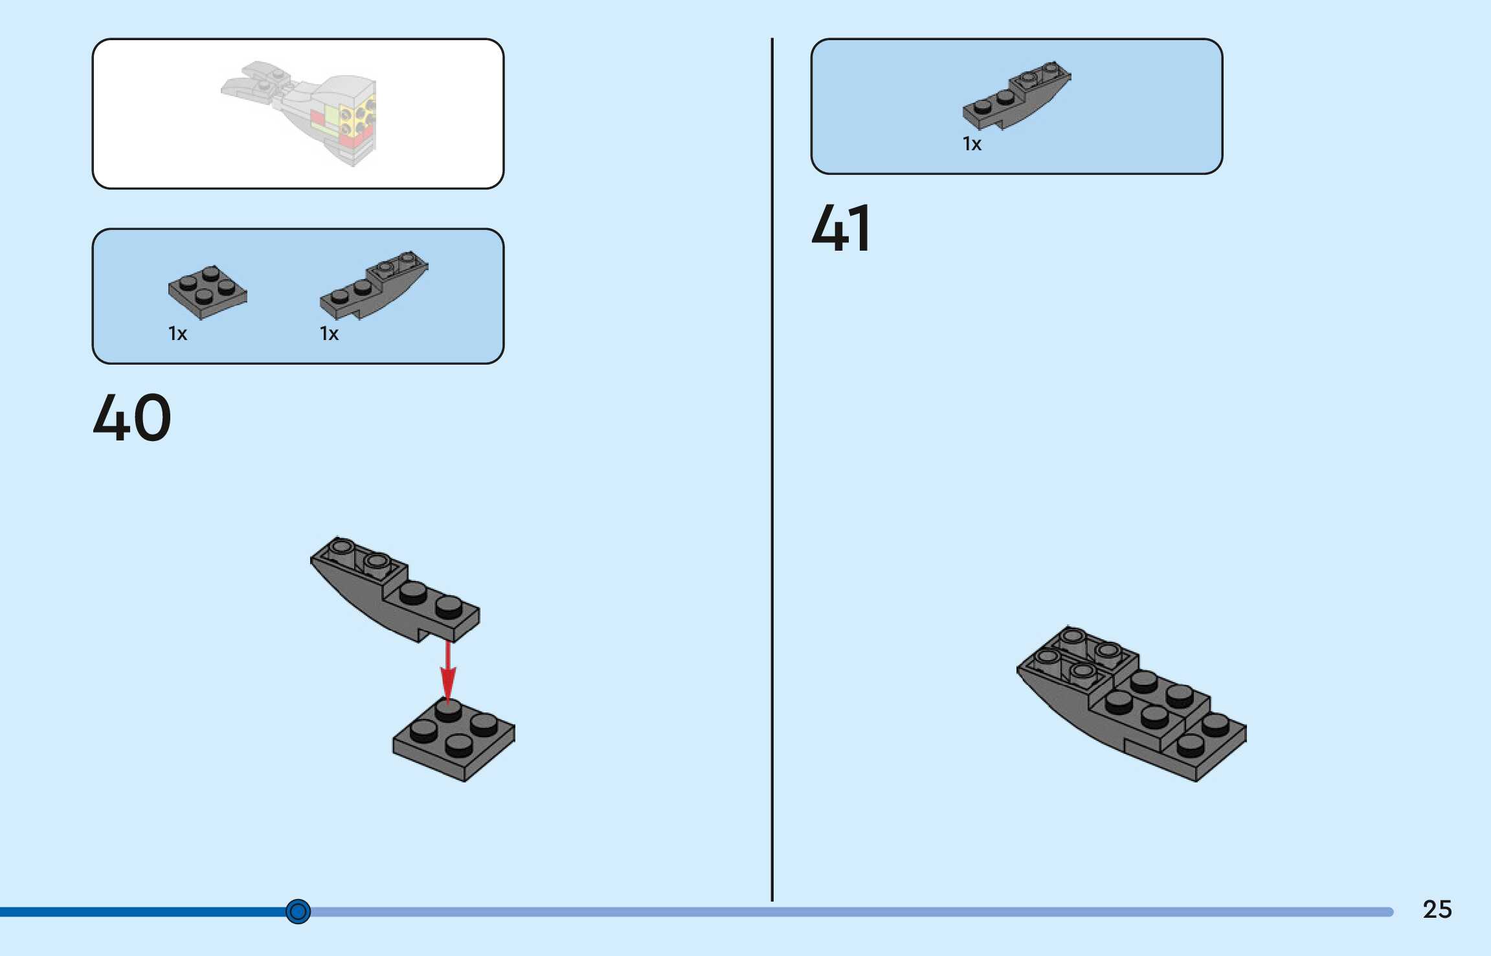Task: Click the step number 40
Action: coord(132,418)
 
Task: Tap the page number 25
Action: coord(1437,909)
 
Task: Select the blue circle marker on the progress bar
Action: coord(298,911)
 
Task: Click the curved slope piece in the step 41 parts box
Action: coord(1016,95)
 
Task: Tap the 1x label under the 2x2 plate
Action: coord(177,334)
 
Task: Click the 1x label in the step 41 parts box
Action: coord(972,144)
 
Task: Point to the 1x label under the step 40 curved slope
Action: coord(329,334)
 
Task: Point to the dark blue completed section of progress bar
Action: coord(142,912)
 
